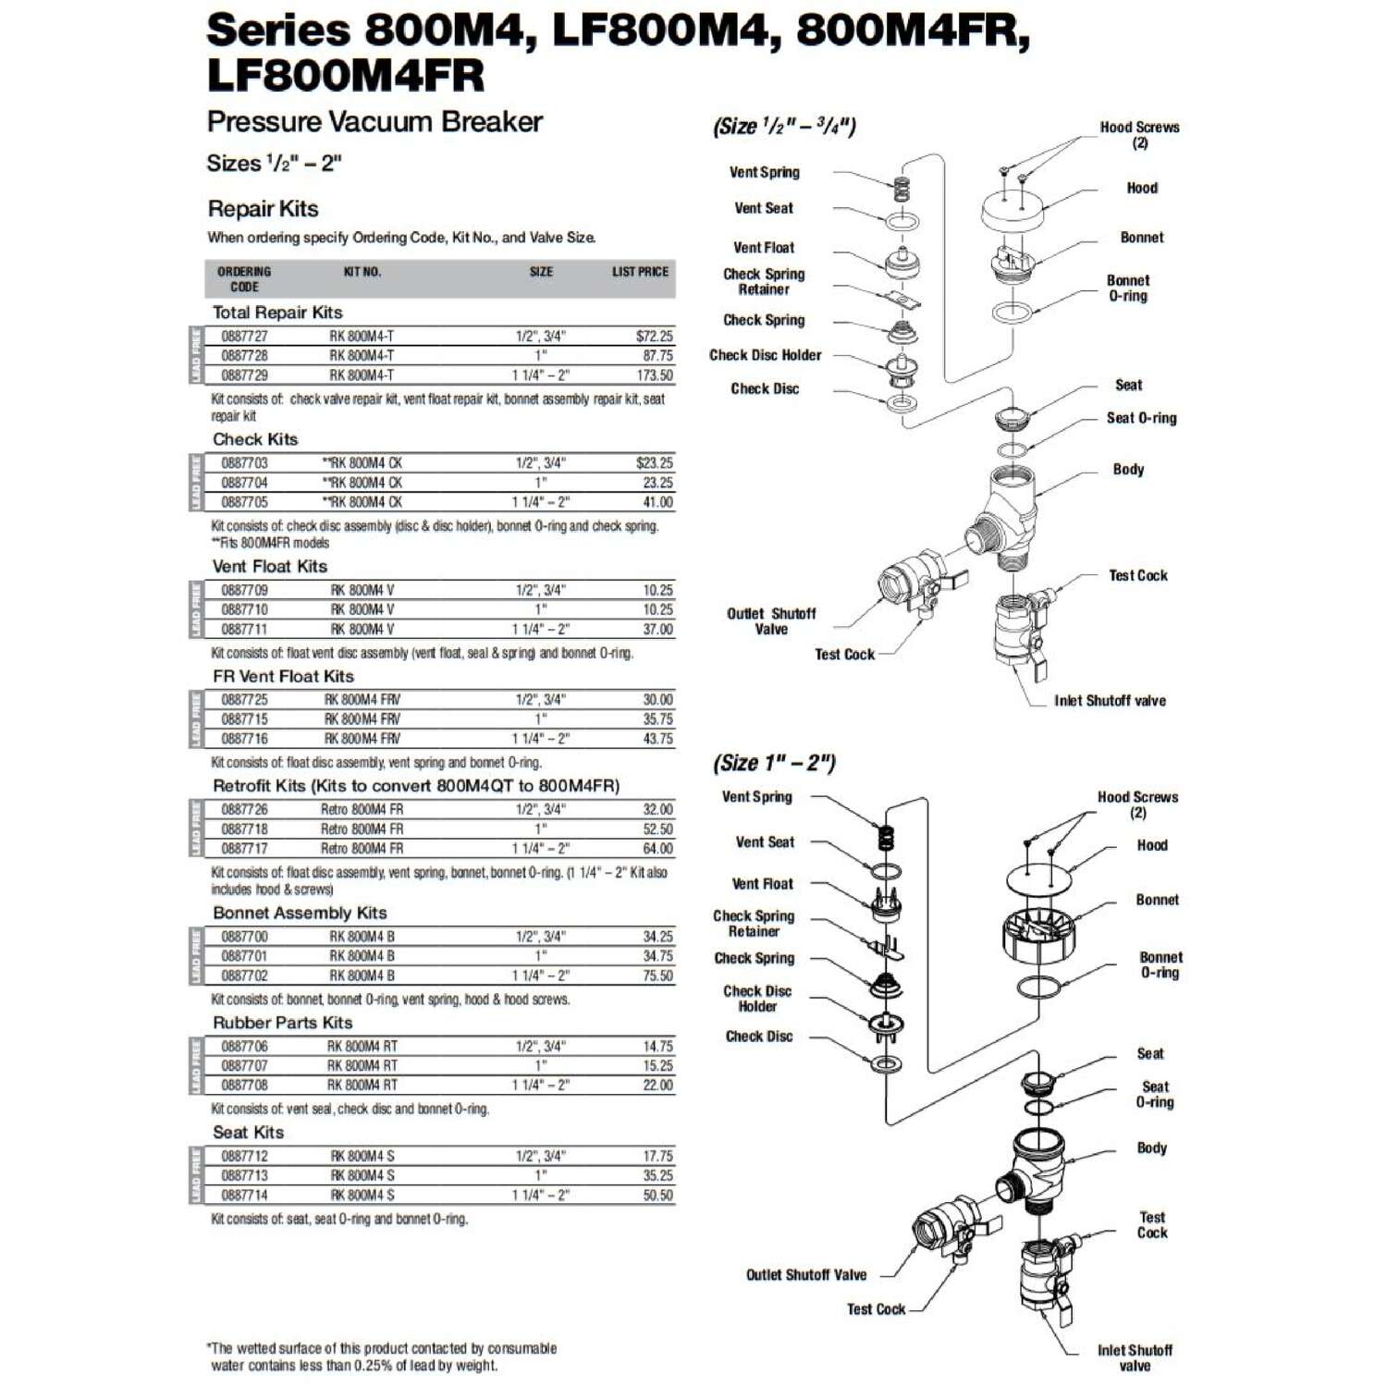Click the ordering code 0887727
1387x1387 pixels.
pyautogui.click(x=244, y=337)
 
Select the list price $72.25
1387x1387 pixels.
pyautogui.click(x=654, y=337)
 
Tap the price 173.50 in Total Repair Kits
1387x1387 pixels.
pyautogui.click(x=655, y=375)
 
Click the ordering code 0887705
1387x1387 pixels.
pyautogui.click(x=244, y=502)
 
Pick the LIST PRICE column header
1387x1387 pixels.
pyautogui.click(x=640, y=272)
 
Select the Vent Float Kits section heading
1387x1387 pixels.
pyautogui.click(x=269, y=566)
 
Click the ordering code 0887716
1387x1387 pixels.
pyautogui.click(x=244, y=739)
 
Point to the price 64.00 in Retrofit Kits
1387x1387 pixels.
pyautogui.click(x=657, y=848)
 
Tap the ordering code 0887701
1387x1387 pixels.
pyautogui.click(x=244, y=956)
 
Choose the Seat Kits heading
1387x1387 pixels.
pyautogui.click(x=248, y=1132)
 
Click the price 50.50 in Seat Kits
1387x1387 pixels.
pyautogui.click(x=657, y=1195)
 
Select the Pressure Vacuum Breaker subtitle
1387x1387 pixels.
pyautogui.click(x=374, y=122)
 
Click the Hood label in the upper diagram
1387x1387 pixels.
pyautogui.click(x=1142, y=188)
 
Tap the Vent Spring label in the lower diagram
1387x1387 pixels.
pyautogui.click(x=756, y=797)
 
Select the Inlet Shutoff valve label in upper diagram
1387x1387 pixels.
pyautogui.click(x=1110, y=701)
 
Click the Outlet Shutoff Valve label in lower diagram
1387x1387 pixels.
pyautogui.click(x=806, y=1275)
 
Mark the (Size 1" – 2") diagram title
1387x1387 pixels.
pyautogui.click(x=774, y=763)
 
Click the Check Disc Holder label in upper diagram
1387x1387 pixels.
pyautogui.click(x=765, y=355)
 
